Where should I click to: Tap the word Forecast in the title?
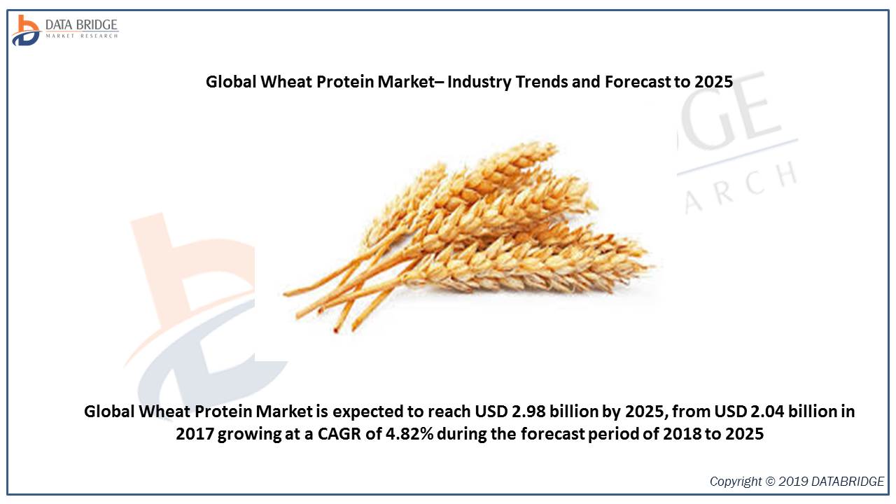pyautogui.click(x=637, y=82)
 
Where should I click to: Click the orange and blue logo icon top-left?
pyautogui.click(x=26, y=30)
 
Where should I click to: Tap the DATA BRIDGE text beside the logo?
pyautogui.click(x=81, y=24)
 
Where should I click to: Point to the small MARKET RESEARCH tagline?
pyautogui.click(x=82, y=36)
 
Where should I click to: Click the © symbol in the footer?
pyautogui.click(x=769, y=481)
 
